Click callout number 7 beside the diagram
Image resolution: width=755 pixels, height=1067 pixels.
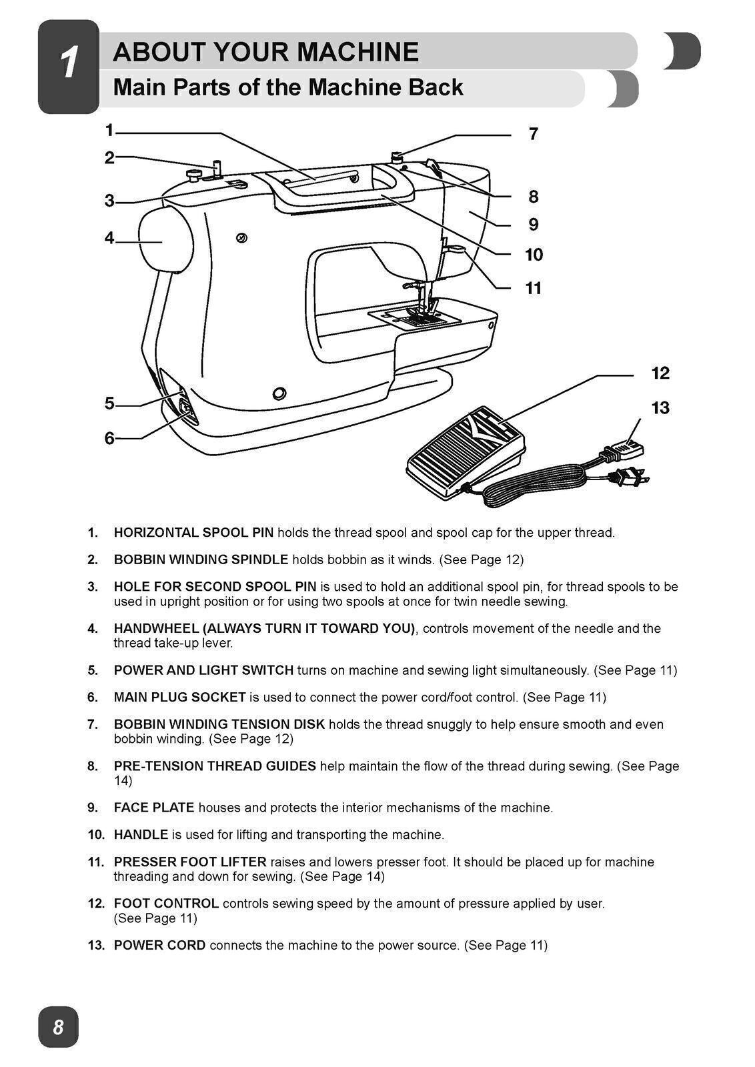click(533, 135)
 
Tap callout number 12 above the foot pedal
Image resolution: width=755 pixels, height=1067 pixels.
click(660, 373)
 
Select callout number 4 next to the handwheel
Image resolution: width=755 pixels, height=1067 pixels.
click(109, 238)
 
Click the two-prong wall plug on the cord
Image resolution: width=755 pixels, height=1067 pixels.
click(628, 476)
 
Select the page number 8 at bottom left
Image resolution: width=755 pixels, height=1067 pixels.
click(59, 1026)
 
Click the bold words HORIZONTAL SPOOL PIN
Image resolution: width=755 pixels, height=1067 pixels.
click(193, 533)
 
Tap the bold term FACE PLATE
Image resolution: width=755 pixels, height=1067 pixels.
click(154, 808)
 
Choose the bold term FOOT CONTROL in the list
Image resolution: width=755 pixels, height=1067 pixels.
click(166, 904)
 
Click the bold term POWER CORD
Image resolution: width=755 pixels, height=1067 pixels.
click(159, 945)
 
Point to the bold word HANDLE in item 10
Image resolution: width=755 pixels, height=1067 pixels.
click(141, 834)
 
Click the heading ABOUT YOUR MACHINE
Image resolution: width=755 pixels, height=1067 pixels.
click(265, 52)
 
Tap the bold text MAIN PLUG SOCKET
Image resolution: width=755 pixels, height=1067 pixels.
click(179, 697)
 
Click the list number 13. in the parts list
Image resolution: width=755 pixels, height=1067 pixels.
click(96, 945)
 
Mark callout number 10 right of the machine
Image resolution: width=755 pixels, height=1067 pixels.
click(534, 255)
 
